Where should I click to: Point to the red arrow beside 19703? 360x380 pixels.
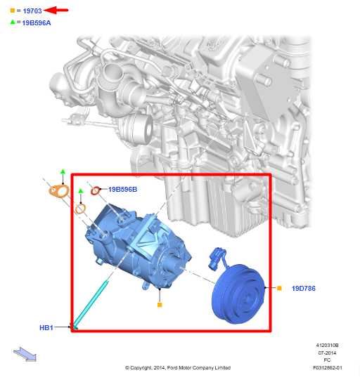point(57,11)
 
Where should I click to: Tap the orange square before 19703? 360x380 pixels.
point(12,11)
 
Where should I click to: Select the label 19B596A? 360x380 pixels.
point(37,22)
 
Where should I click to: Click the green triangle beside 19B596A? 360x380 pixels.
point(12,22)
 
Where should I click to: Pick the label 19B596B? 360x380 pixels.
point(122,189)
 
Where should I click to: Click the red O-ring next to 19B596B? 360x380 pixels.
point(97,190)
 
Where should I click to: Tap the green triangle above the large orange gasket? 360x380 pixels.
point(63,172)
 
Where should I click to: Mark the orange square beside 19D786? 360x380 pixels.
point(279,289)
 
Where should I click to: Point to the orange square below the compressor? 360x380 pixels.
point(160,306)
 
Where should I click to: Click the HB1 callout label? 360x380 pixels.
point(46,327)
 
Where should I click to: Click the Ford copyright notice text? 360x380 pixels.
point(178,367)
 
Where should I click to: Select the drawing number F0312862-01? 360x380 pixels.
point(327,367)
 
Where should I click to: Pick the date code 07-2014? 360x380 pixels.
point(327,353)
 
